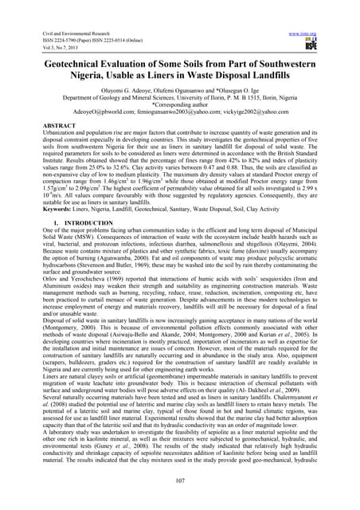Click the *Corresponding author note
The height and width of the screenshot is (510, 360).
pyautogui.click(x=179, y=104)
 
